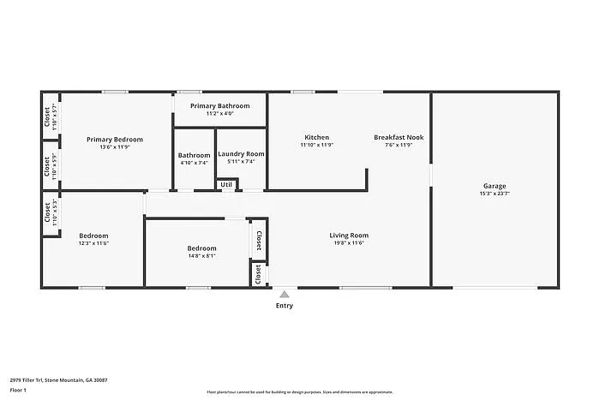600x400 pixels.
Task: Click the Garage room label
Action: [494, 186]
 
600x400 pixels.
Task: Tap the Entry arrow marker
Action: [285, 294]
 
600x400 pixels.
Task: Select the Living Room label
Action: [349, 236]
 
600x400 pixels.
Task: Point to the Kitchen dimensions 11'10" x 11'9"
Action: [316, 145]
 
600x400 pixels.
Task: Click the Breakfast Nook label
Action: [399, 137]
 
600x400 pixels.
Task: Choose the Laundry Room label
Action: [241, 154]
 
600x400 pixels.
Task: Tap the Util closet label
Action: [226, 184]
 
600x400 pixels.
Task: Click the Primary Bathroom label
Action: [219, 105]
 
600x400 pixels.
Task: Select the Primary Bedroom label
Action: [115, 139]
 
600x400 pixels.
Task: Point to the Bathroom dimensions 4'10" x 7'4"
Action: [195, 163]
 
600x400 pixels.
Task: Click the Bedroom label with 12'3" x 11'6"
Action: [93, 236]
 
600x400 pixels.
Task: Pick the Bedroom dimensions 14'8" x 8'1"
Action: [201, 255]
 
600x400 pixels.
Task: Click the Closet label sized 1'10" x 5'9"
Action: [47, 164]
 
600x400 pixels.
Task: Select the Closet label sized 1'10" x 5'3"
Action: [47, 216]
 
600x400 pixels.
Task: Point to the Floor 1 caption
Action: [18, 391]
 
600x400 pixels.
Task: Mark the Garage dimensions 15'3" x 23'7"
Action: [495, 194]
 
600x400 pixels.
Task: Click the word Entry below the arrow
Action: [285, 306]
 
